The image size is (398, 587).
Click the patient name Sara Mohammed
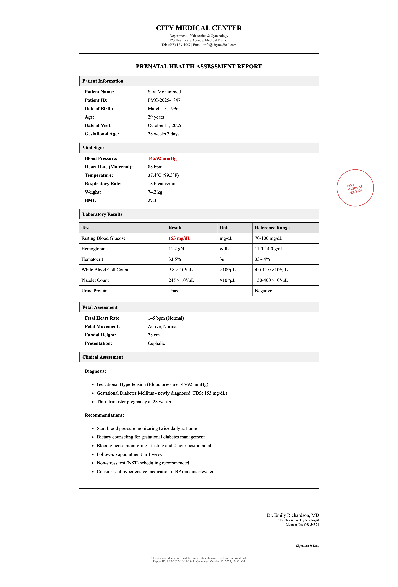coord(164,92)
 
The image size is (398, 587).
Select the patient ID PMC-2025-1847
coord(164,100)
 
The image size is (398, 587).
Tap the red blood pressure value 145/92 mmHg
coord(162,158)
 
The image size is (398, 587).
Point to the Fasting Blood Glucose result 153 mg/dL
coord(179,238)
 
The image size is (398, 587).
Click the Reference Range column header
coord(272,228)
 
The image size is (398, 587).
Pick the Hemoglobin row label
coord(93,249)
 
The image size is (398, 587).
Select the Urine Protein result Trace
coord(174,291)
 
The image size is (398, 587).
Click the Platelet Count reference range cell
coord(271,280)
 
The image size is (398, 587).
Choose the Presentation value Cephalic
coord(156,343)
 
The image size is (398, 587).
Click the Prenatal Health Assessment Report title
coord(199,66)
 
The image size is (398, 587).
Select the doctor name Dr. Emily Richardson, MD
coord(293,515)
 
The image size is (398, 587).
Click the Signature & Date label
coord(307,546)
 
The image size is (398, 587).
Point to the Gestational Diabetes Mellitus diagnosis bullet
coord(162,393)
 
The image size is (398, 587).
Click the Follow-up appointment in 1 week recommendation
coord(129,454)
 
